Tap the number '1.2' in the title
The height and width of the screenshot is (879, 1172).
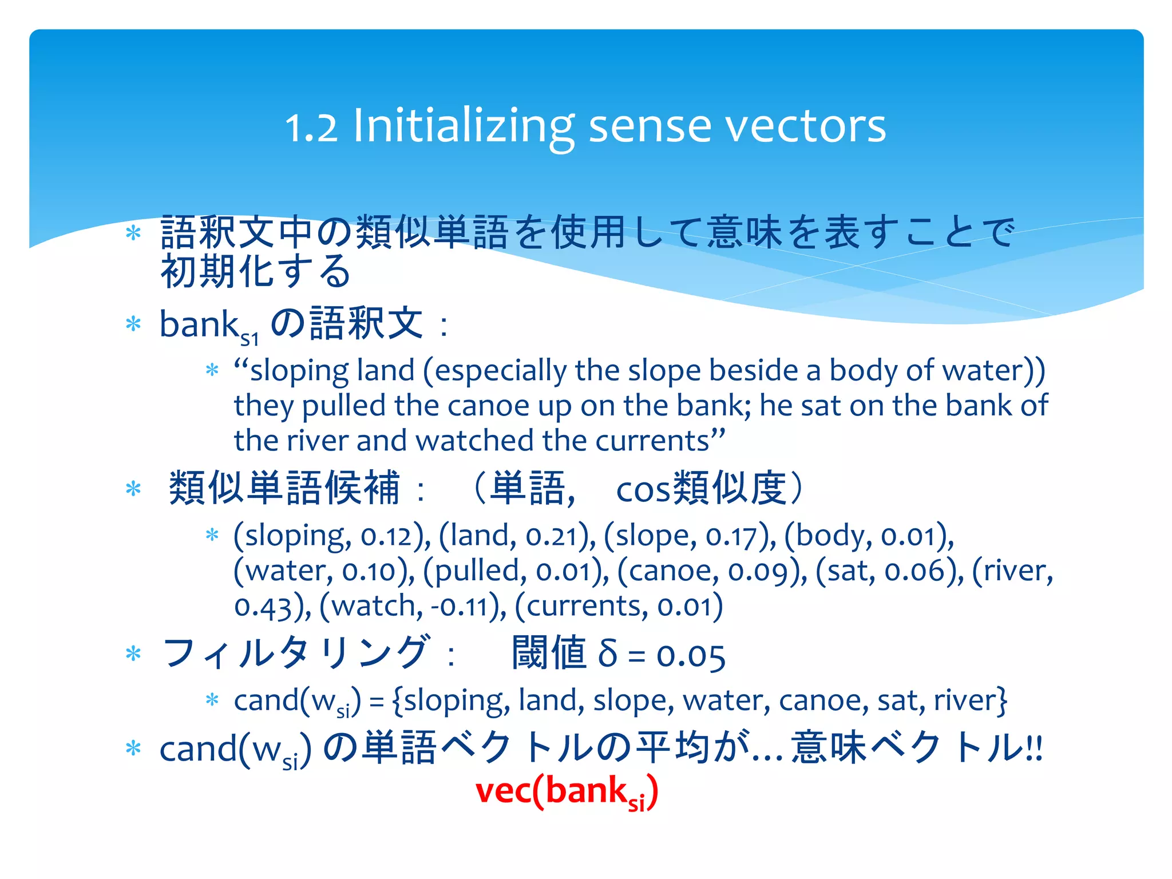click(x=311, y=127)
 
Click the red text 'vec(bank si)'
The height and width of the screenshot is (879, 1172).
click(x=567, y=791)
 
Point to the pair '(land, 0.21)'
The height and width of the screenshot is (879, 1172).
click(x=517, y=536)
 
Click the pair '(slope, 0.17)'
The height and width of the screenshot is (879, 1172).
click(x=690, y=536)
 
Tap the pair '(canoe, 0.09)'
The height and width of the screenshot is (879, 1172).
click(x=711, y=571)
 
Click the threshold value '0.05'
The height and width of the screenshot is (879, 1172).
click(x=691, y=656)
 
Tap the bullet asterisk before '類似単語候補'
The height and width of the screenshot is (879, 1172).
click(x=133, y=489)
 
